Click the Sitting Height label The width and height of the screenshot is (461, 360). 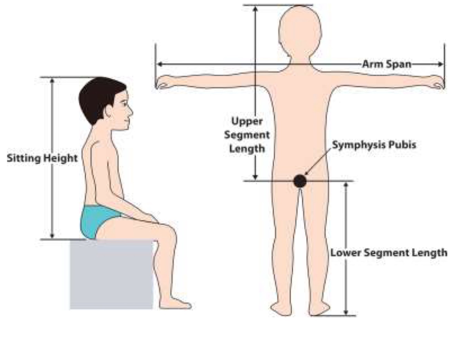click(x=42, y=158)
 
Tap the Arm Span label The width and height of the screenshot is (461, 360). click(x=387, y=64)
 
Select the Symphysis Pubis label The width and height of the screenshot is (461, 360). click(x=374, y=144)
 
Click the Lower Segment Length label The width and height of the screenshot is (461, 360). click(x=389, y=253)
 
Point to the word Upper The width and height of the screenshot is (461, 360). click(x=247, y=121)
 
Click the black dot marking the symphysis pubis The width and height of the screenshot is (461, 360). click(x=300, y=181)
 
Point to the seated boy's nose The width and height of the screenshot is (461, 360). click(x=131, y=111)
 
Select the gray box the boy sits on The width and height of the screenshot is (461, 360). click(x=111, y=275)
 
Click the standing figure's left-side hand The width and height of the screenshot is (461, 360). click(x=162, y=83)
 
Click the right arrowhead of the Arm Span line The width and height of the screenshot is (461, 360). click(x=441, y=64)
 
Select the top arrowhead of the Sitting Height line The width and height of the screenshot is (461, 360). click(x=52, y=81)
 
